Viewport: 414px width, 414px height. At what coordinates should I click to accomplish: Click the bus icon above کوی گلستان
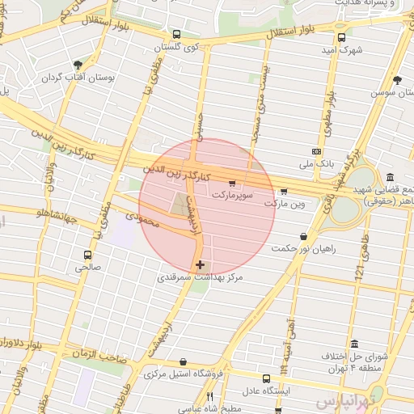(x=177, y=35)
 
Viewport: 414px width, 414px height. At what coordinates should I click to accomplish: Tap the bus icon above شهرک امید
(x=341, y=37)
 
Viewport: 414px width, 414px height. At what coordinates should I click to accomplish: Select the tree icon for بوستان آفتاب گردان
(x=78, y=65)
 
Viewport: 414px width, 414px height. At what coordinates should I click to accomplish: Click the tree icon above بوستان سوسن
(x=396, y=80)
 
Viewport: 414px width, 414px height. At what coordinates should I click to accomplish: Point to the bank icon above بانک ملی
(x=316, y=151)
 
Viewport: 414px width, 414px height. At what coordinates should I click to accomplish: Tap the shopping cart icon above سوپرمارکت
(x=233, y=183)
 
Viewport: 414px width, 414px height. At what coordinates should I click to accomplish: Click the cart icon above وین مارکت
(x=283, y=192)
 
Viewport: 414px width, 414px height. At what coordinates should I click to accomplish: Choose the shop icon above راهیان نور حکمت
(x=303, y=236)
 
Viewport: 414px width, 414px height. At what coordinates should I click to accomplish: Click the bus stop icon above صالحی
(x=88, y=254)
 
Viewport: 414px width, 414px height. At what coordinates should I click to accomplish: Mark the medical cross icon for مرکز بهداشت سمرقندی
(x=200, y=264)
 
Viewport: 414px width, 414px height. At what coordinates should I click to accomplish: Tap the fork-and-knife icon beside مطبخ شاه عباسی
(x=209, y=396)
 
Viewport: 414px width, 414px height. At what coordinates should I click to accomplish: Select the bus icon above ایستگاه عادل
(x=267, y=378)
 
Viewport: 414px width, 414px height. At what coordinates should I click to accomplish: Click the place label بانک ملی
(x=317, y=164)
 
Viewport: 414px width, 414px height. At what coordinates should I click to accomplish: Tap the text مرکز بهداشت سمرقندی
(x=200, y=277)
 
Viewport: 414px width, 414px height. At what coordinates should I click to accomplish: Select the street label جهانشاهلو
(x=41, y=214)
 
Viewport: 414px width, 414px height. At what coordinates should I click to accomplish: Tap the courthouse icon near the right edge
(x=390, y=177)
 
